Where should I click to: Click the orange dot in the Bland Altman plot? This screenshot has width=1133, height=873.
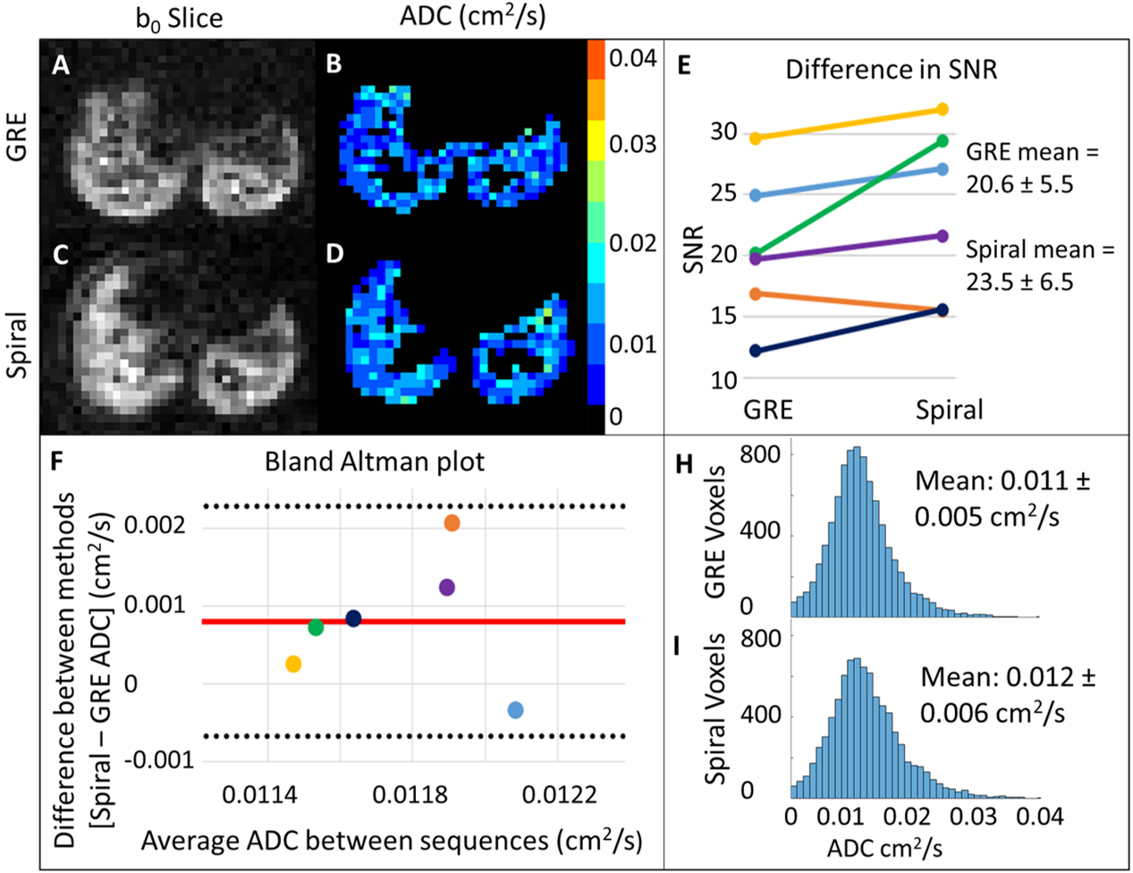pos(452,522)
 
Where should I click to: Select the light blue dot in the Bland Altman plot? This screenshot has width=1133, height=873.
pos(515,710)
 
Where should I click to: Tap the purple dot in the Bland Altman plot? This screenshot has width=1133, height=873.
pos(447,587)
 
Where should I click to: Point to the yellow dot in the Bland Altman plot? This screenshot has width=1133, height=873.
pos(293,664)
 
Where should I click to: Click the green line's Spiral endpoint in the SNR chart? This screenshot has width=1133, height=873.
pos(943,140)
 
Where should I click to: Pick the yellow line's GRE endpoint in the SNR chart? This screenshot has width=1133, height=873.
pos(756,138)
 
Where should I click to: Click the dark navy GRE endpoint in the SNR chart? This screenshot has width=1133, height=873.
pos(756,351)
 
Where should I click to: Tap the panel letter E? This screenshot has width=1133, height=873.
pos(684,66)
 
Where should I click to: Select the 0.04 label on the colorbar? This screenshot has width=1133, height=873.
pos(633,59)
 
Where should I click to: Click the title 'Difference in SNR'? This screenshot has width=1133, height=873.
pos(891,70)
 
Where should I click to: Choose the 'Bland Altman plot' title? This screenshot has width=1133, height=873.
pos(375,462)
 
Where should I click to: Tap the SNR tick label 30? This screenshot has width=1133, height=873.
pos(724,132)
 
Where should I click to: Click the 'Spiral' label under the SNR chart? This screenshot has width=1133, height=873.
pos(949,411)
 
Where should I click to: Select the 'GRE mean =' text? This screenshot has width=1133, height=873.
pos(1032,152)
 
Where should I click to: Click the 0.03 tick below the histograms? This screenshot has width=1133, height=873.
pos(973,817)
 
